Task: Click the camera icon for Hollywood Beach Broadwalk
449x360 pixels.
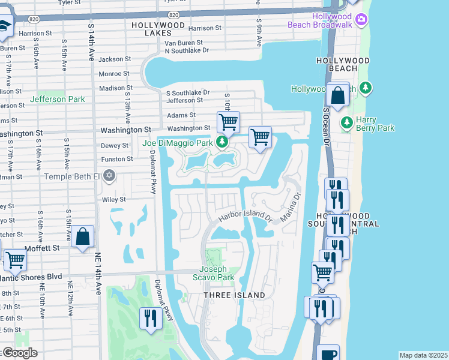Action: click(x=361, y=20)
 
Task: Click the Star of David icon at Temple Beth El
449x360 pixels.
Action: click(x=109, y=176)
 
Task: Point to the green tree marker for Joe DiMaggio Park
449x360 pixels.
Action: click(x=223, y=142)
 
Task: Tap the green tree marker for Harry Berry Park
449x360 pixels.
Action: click(x=346, y=122)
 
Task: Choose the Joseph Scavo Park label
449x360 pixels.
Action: click(x=212, y=273)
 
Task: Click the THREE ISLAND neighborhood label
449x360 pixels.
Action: click(x=234, y=295)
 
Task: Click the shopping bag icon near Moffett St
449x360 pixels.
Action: click(x=83, y=236)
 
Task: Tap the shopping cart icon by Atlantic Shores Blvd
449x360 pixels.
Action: click(x=15, y=260)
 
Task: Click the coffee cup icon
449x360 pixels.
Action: click(x=328, y=353)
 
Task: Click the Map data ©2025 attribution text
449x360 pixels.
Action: click(x=423, y=355)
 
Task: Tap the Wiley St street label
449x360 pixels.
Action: click(x=113, y=199)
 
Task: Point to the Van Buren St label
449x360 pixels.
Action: click(x=184, y=43)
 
